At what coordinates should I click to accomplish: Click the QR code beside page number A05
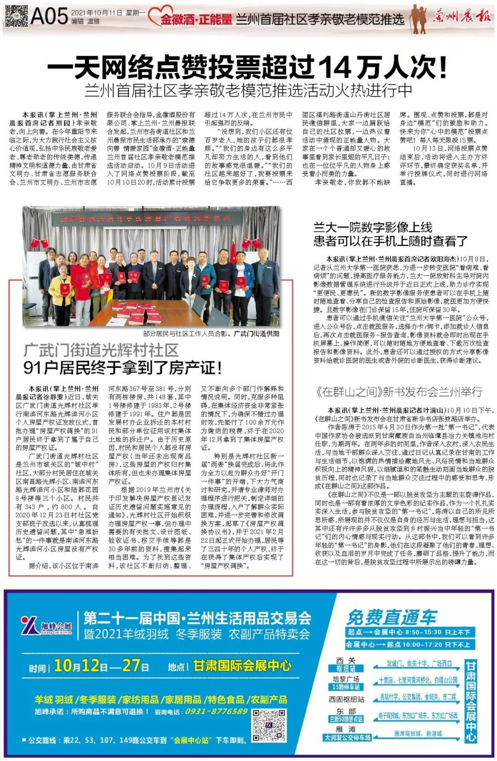[x=16, y=16]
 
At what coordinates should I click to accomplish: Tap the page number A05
[x=50, y=17]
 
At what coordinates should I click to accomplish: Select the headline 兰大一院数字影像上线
[x=373, y=227]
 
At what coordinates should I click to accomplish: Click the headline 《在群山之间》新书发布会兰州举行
[x=399, y=392]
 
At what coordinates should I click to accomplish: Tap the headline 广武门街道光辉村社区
[x=101, y=350]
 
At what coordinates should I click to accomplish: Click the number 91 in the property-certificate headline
[x=33, y=368]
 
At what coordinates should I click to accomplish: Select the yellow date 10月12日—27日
[x=101, y=666]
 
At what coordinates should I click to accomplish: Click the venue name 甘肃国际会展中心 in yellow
[x=242, y=666]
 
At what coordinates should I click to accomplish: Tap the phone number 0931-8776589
[x=216, y=711]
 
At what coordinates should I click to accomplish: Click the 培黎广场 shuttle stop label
[x=346, y=679]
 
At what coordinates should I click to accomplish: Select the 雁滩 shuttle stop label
[x=346, y=729]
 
